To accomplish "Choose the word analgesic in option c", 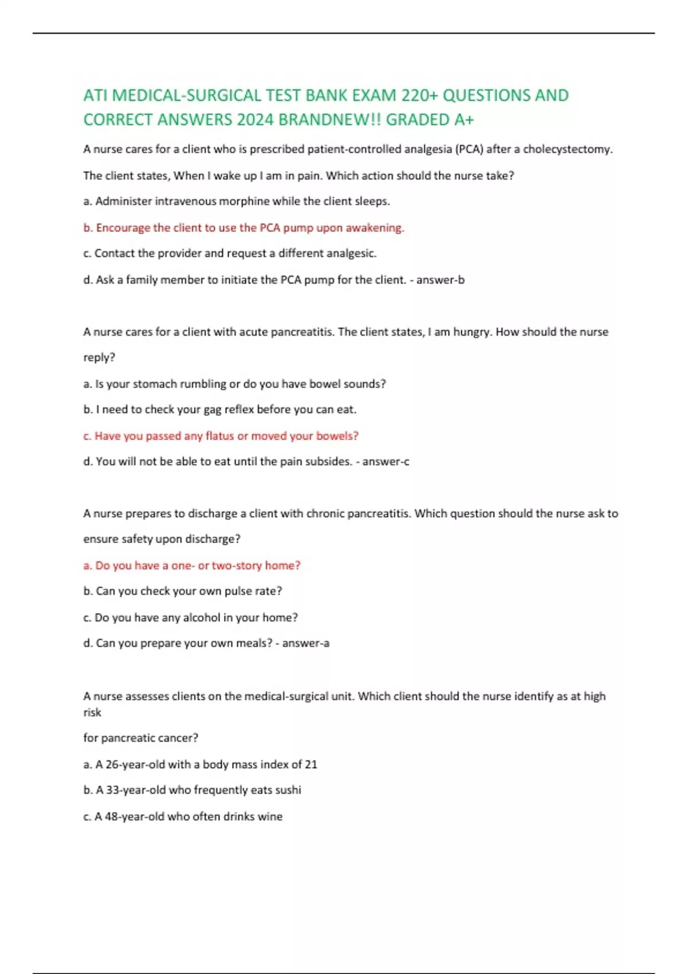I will [351, 253].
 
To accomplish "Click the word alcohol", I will [202, 618].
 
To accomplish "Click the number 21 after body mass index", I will [311, 764].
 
